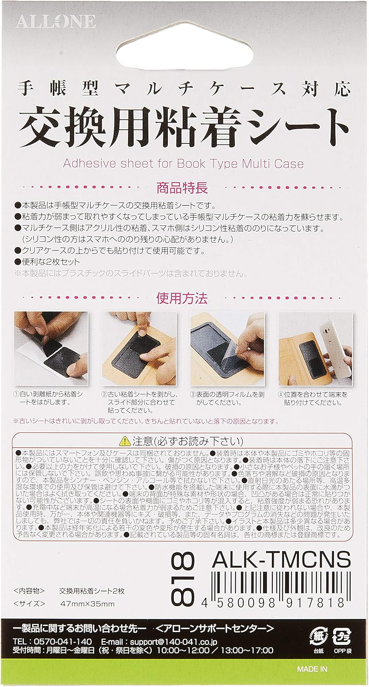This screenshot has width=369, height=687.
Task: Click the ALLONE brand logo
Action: pos(56,21)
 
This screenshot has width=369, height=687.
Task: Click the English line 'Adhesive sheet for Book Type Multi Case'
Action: pos(183,164)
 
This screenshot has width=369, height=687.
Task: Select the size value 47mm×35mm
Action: pos(87,604)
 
